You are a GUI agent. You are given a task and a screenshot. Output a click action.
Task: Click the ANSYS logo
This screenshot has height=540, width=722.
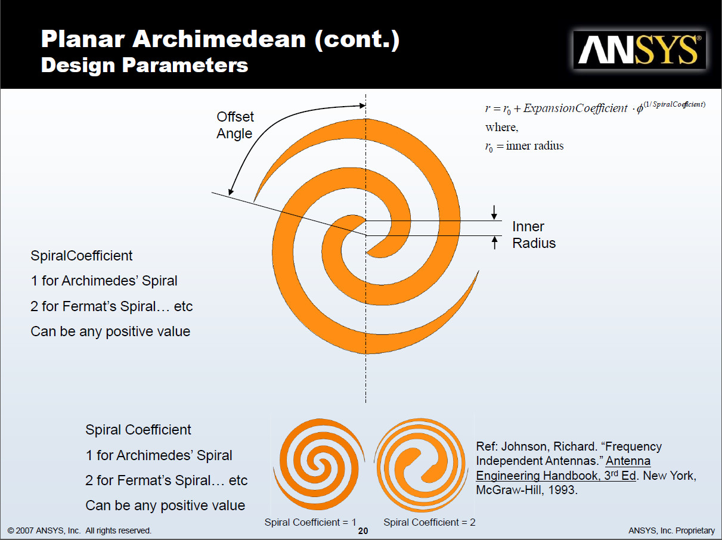(640, 50)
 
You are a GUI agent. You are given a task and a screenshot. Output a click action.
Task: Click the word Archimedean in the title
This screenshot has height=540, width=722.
(219, 39)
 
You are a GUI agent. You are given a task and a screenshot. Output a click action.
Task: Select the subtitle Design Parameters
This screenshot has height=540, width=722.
(144, 65)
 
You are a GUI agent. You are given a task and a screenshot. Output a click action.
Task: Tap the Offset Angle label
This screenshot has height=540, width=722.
(235, 125)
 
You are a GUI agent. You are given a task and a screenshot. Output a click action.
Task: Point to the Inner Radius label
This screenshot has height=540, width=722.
(534, 235)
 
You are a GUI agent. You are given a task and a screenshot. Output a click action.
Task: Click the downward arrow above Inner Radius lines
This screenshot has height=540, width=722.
(494, 212)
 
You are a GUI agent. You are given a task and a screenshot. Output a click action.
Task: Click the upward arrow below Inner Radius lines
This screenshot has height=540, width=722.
(494, 243)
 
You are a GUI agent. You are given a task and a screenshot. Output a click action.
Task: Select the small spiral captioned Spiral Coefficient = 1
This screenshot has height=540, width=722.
(319, 464)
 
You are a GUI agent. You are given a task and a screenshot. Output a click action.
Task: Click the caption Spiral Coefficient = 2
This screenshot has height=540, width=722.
(429, 522)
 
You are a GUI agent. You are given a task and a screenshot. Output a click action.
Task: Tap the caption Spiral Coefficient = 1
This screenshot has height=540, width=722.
(311, 522)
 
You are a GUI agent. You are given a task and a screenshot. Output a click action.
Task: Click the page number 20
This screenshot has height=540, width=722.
(363, 531)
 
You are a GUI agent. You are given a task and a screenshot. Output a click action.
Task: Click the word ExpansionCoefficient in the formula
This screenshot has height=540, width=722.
(575, 108)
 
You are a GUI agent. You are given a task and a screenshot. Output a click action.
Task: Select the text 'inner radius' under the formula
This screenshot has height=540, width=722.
(535, 145)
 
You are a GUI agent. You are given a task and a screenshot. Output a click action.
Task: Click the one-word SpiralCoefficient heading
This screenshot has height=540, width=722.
(81, 256)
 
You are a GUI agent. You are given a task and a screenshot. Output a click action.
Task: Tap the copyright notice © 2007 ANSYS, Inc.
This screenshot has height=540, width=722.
(44, 531)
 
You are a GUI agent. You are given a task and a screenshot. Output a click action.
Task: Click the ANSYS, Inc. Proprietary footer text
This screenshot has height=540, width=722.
(671, 531)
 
